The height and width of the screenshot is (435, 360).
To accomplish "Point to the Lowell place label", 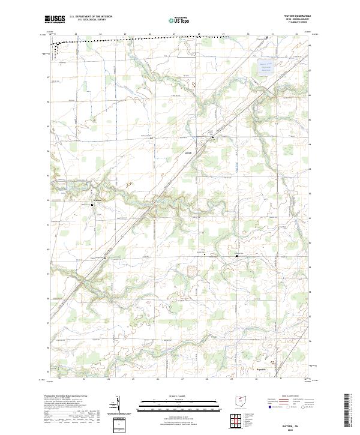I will click(187, 152).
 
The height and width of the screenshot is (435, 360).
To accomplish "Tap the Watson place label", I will click(98, 200).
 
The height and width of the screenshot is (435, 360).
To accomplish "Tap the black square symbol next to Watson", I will click(92, 205).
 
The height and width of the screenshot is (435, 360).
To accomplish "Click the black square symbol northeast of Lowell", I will click(212, 138).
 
